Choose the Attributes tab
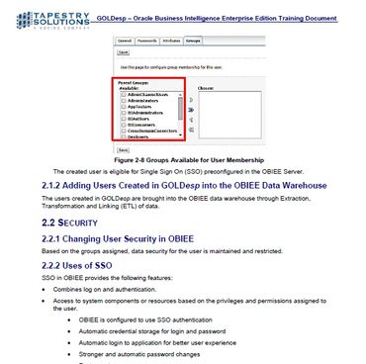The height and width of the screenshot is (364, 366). click(172, 43)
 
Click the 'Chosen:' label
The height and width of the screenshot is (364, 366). click(204, 86)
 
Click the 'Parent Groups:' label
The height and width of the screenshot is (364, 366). click(134, 81)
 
